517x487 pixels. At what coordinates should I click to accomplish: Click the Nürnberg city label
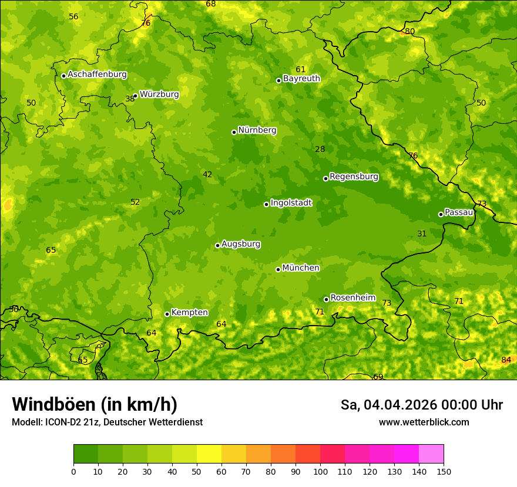257,130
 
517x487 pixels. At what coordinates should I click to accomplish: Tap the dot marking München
278,269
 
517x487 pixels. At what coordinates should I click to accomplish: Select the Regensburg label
354,177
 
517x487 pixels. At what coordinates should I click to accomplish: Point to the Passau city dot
441,214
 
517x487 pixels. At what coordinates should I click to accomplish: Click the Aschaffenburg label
97,75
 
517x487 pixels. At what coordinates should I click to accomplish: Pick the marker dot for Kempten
167,314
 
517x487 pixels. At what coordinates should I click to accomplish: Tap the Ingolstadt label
291,203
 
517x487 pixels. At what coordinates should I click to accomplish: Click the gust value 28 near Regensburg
320,149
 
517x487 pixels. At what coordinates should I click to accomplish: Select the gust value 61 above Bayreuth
301,69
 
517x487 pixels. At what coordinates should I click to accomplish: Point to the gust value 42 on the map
207,174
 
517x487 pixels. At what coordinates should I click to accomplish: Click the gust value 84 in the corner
506,360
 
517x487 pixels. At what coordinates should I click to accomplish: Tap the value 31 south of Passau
422,234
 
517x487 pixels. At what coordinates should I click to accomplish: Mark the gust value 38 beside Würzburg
130,99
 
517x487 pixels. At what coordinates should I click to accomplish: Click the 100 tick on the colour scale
320,471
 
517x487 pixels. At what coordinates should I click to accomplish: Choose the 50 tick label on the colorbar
197,471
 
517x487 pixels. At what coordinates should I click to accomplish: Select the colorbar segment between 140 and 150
431,454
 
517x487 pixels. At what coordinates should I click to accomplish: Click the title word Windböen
53,404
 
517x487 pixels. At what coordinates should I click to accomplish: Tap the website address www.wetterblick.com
424,422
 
